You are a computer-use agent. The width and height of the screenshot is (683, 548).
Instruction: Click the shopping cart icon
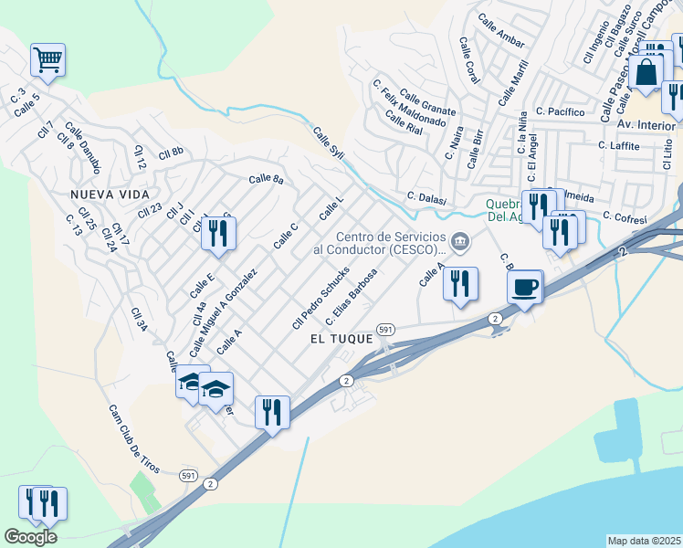[47, 61]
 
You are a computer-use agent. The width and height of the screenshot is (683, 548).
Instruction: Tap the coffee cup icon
[525, 288]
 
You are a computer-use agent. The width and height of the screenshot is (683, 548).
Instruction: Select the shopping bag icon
[646, 71]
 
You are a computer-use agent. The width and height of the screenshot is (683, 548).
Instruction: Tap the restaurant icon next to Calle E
[218, 234]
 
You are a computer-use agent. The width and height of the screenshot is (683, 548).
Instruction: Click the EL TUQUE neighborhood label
[341, 338]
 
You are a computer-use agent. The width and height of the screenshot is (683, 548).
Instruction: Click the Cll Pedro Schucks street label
[320, 298]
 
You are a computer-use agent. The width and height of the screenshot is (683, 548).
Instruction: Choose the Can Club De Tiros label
[134, 439]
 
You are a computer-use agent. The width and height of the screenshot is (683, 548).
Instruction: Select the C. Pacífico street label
[560, 111]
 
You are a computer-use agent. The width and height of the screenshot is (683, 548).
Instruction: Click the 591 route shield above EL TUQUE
[385, 329]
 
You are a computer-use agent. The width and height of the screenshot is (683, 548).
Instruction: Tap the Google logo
[30, 536]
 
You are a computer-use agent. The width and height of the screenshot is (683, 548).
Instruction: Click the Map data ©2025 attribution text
[644, 541]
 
